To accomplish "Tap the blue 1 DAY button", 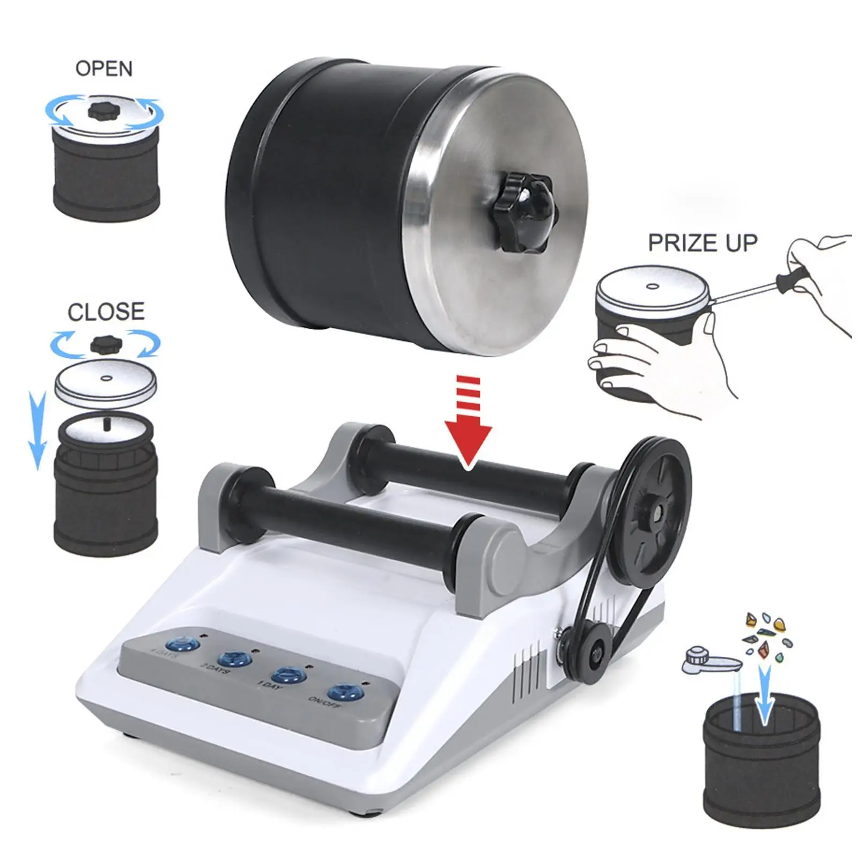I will [289, 675].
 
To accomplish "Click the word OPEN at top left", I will [103, 69].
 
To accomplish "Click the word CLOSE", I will [106, 312].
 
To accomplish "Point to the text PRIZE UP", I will [702, 243].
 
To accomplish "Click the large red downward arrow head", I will [468, 442].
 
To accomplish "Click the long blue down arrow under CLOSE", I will [36, 429].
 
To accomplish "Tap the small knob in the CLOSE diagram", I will [106, 344].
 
